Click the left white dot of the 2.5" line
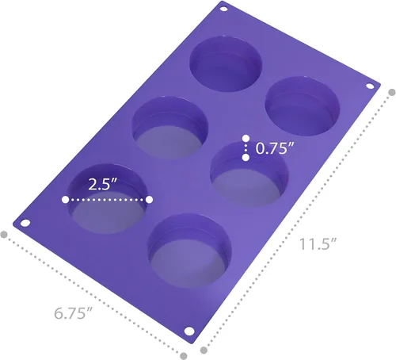pos(66,201)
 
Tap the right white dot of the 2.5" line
pos(148,201)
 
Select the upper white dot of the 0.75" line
pos(246,139)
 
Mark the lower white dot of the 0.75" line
pos(246,157)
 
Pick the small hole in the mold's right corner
pos(369,86)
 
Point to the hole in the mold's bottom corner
pos(188,330)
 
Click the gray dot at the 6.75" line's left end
pos(5,235)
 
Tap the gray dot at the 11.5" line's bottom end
pos(204,349)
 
